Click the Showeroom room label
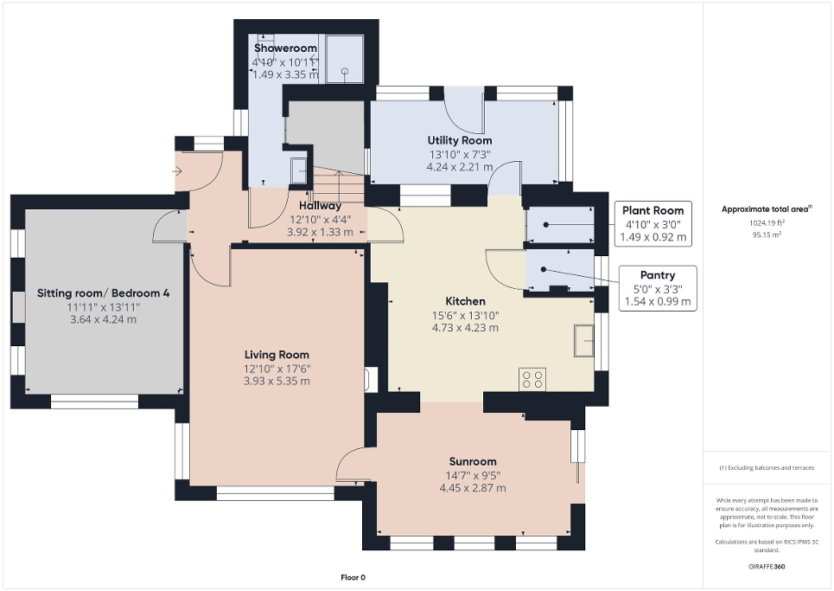coord(285,48)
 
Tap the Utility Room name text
coord(460,140)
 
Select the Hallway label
coord(321,205)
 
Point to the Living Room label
coord(277,355)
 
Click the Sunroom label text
coord(473,461)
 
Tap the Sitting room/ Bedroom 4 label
coord(104,293)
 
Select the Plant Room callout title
coord(653,210)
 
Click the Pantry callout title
coord(658,275)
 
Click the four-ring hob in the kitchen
coord(532,378)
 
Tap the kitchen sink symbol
coord(583,341)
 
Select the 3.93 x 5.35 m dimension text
coord(277,381)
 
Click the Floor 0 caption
coord(353,577)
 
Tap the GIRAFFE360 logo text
coord(767,567)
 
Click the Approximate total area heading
coord(767,209)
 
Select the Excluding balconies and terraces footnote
coord(767,468)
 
